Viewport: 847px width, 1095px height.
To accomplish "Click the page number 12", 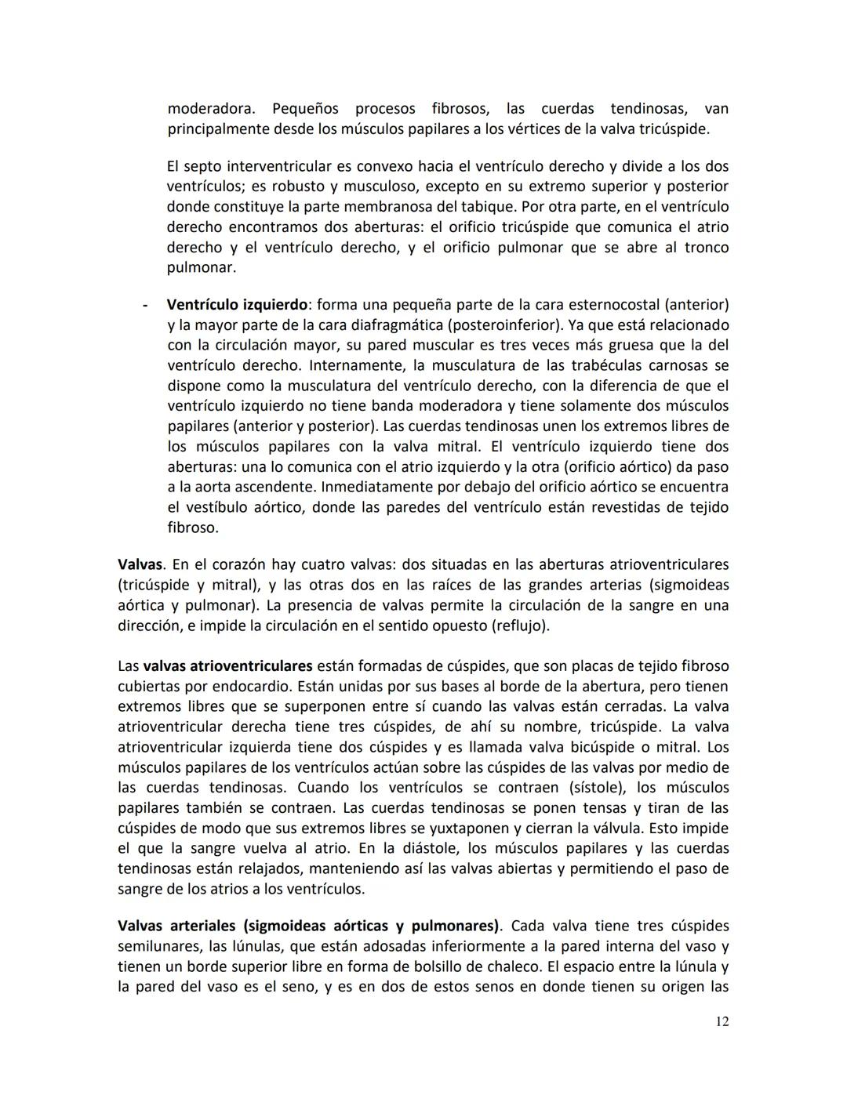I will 722,1021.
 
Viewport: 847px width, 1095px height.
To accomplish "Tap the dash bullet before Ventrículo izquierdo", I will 144,304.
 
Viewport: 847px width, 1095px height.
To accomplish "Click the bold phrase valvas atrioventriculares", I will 227,666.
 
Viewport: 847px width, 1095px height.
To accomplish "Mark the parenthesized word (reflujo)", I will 520,625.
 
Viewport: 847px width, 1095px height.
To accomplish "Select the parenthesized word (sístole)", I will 588,788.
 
